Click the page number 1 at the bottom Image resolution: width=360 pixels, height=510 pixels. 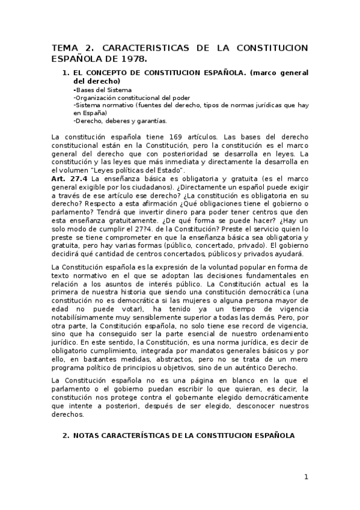[x=305, y=477]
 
